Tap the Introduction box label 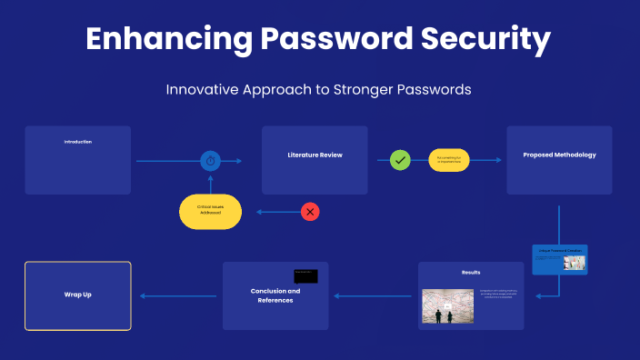[77, 142]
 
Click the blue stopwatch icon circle [210, 161]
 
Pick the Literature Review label [315, 155]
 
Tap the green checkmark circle [400, 160]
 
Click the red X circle [310, 212]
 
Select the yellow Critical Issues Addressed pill [210, 211]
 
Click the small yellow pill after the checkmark [449, 160]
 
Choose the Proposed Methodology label [559, 155]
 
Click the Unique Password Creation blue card [559, 259]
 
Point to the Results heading [471, 272]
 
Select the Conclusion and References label [275, 295]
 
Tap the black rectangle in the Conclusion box [305, 275]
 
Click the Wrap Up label [77, 295]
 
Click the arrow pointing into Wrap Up [177, 295]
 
